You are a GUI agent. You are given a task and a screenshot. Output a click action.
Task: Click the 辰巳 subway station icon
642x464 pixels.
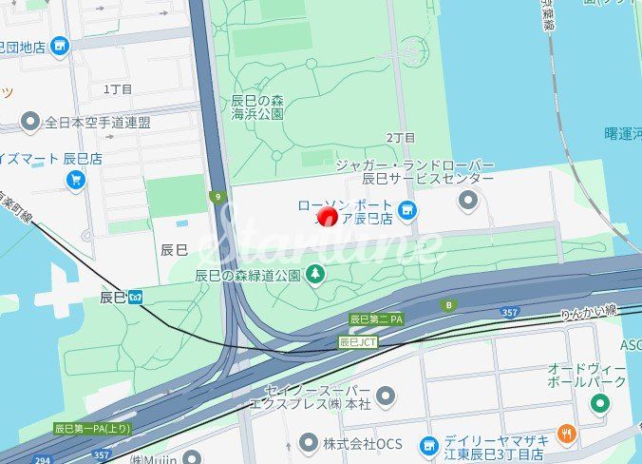pos(137,297)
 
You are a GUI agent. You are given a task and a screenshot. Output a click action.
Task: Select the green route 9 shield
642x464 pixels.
pos(217,198)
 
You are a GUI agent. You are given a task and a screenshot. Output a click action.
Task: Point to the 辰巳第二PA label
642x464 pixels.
pos(377,319)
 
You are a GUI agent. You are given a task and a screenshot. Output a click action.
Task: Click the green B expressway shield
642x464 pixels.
pos(449,305)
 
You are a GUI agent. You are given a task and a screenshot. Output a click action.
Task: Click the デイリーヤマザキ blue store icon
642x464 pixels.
pos(428,444)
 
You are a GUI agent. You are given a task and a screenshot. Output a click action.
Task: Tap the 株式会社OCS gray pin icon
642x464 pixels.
pos(308,442)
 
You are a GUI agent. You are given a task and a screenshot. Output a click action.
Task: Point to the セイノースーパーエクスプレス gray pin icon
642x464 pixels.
pos(385,395)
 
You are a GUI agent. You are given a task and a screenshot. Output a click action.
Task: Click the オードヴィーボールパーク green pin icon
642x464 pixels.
pos(599,403)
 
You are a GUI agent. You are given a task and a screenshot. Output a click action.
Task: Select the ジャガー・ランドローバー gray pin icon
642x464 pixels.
pos(467,200)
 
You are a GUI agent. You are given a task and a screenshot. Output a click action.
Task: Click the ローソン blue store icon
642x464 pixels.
pos(407,209)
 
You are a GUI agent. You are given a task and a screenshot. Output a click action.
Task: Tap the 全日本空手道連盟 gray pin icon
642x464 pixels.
pos(30,122)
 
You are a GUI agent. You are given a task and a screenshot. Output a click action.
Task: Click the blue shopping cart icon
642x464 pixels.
pos(75,178)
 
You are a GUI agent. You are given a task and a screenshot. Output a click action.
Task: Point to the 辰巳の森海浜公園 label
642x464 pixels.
pos(257,106)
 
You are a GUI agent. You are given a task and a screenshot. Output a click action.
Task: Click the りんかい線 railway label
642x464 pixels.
pos(589,311)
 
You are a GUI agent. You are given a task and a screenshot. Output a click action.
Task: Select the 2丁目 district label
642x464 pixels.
pos(401,138)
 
